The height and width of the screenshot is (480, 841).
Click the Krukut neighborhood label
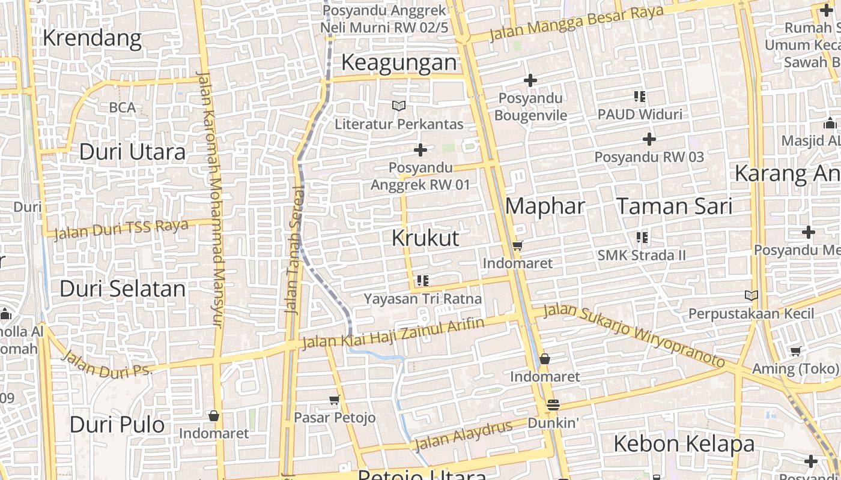(425, 238)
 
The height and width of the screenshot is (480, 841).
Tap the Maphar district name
(545, 206)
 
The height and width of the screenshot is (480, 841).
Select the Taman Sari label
(675, 206)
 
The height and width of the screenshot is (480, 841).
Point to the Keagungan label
(399, 62)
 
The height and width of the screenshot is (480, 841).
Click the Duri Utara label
(132, 152)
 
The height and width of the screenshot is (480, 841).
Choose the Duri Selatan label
(123, 289)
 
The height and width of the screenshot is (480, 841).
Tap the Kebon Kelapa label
(684, 444)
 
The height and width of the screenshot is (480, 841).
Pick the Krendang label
(92, 38)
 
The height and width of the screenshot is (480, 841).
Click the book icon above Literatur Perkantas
(399, 106)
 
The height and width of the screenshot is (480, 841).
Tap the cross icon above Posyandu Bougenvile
(530, 80)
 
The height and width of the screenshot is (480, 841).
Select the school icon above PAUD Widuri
(639, 96)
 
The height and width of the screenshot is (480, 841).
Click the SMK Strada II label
(641, 255)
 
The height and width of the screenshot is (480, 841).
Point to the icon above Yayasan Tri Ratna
(422, 280)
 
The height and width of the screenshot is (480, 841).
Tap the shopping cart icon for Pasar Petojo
(335, 400)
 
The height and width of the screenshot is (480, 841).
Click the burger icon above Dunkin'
(553, 405)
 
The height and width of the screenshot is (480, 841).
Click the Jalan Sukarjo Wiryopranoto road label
(634, 336)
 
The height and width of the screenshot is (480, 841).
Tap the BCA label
(122, 108)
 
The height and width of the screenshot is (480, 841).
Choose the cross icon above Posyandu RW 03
(649, 139)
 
